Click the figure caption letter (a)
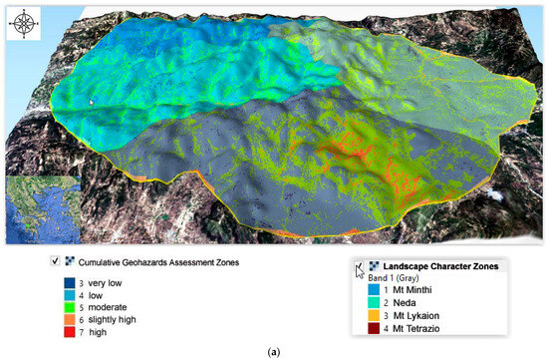pos(273,351)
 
